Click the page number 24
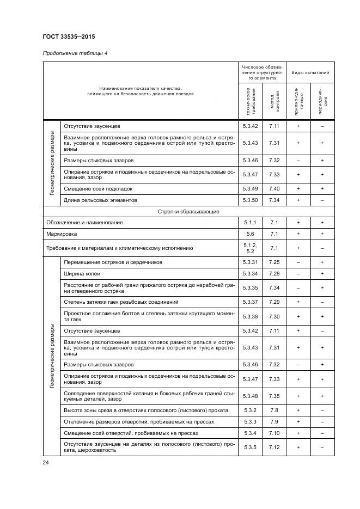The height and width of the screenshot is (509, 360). tap(45, 462)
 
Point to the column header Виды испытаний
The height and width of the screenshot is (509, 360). tap(310, 72)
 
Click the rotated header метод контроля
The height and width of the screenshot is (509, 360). tap(274, 100)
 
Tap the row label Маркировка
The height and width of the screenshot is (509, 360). tap(61, 234)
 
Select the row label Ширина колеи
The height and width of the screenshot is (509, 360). tap(82, 273)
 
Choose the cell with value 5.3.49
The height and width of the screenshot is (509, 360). tap(249, 188)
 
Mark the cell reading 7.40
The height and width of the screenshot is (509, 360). tap(274, 188)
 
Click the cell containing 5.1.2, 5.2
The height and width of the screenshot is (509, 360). tap(249, 248)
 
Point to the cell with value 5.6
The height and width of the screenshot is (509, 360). tap(249, 234)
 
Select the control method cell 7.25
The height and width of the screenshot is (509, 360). tap(274, 262)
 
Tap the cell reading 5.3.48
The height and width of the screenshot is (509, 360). tap(249, 396)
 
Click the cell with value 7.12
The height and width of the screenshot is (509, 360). tap(274, 447)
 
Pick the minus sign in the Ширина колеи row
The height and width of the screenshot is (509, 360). tap(298, 273)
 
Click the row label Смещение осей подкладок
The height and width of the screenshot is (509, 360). tap(98, 188)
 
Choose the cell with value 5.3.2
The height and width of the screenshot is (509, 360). tap(249, 410)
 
